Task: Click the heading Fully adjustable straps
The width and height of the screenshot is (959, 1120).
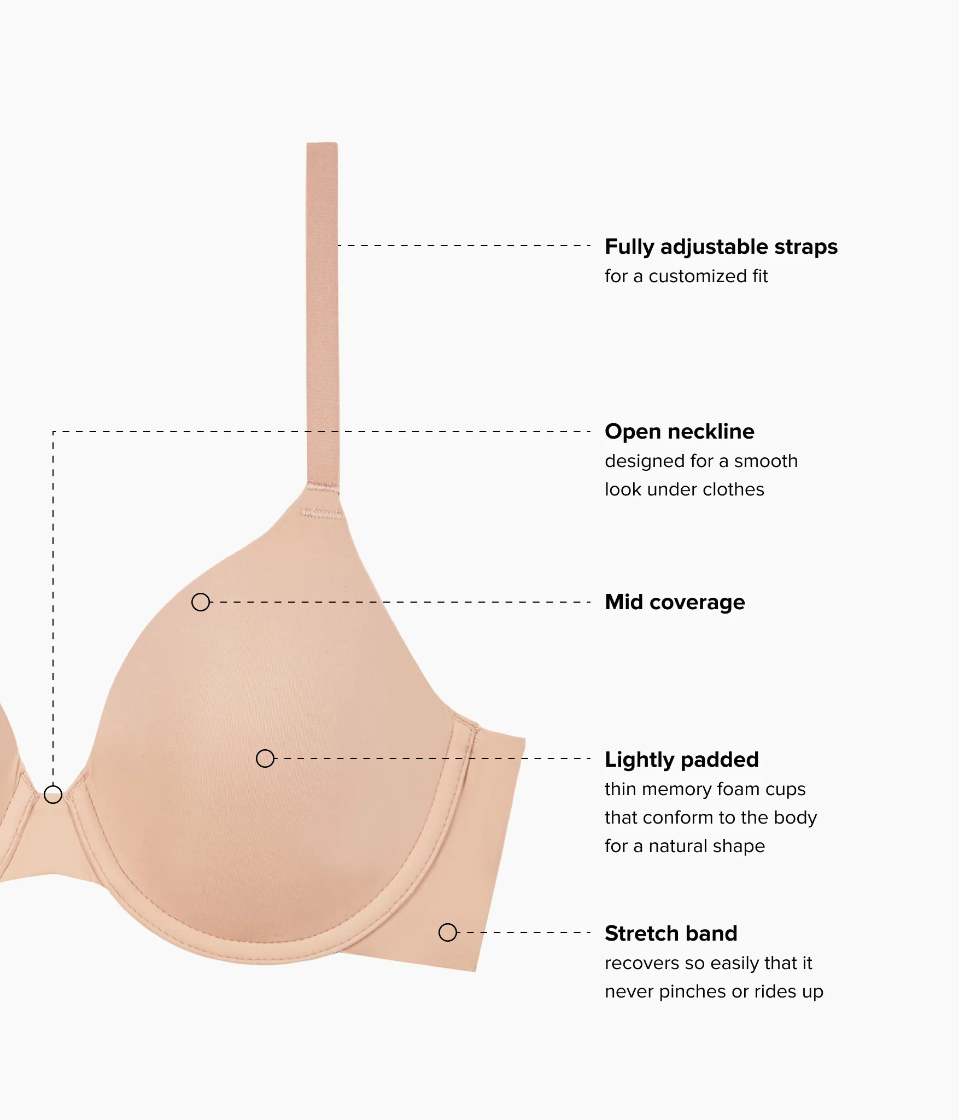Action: click(x=721, y=247)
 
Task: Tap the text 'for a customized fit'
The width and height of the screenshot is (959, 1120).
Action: click(x=686, y=276)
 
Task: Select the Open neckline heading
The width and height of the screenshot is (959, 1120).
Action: click(x=680, y=431)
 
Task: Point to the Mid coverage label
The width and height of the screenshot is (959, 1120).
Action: click(x=675, y=602)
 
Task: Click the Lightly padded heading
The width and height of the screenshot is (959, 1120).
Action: click(x=682, y=760)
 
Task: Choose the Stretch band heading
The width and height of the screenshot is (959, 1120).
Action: click(x=671, y=934)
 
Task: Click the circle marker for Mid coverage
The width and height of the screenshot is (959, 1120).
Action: click(x=201, y=602)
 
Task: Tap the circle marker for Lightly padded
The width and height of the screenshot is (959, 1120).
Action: click(x=265, y=759)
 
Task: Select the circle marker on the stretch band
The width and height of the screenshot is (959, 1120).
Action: click(x=448, y=932)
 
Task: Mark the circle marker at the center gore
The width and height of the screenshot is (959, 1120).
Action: click(x=53, y=794)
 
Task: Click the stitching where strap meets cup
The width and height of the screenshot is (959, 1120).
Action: click(x=321, y=513)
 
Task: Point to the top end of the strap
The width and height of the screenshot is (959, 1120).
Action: click(x=322, y=144)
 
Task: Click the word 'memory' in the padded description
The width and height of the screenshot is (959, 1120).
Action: click(x=669, y=789)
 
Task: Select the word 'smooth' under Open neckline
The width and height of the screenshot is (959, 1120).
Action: click(x=766, y=461)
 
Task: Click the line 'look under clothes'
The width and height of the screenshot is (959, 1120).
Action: click(x=685, y=489)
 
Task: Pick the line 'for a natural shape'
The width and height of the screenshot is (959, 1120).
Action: click(x=685, y=846)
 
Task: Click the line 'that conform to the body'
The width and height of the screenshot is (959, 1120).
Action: click(x=711, y=818)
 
